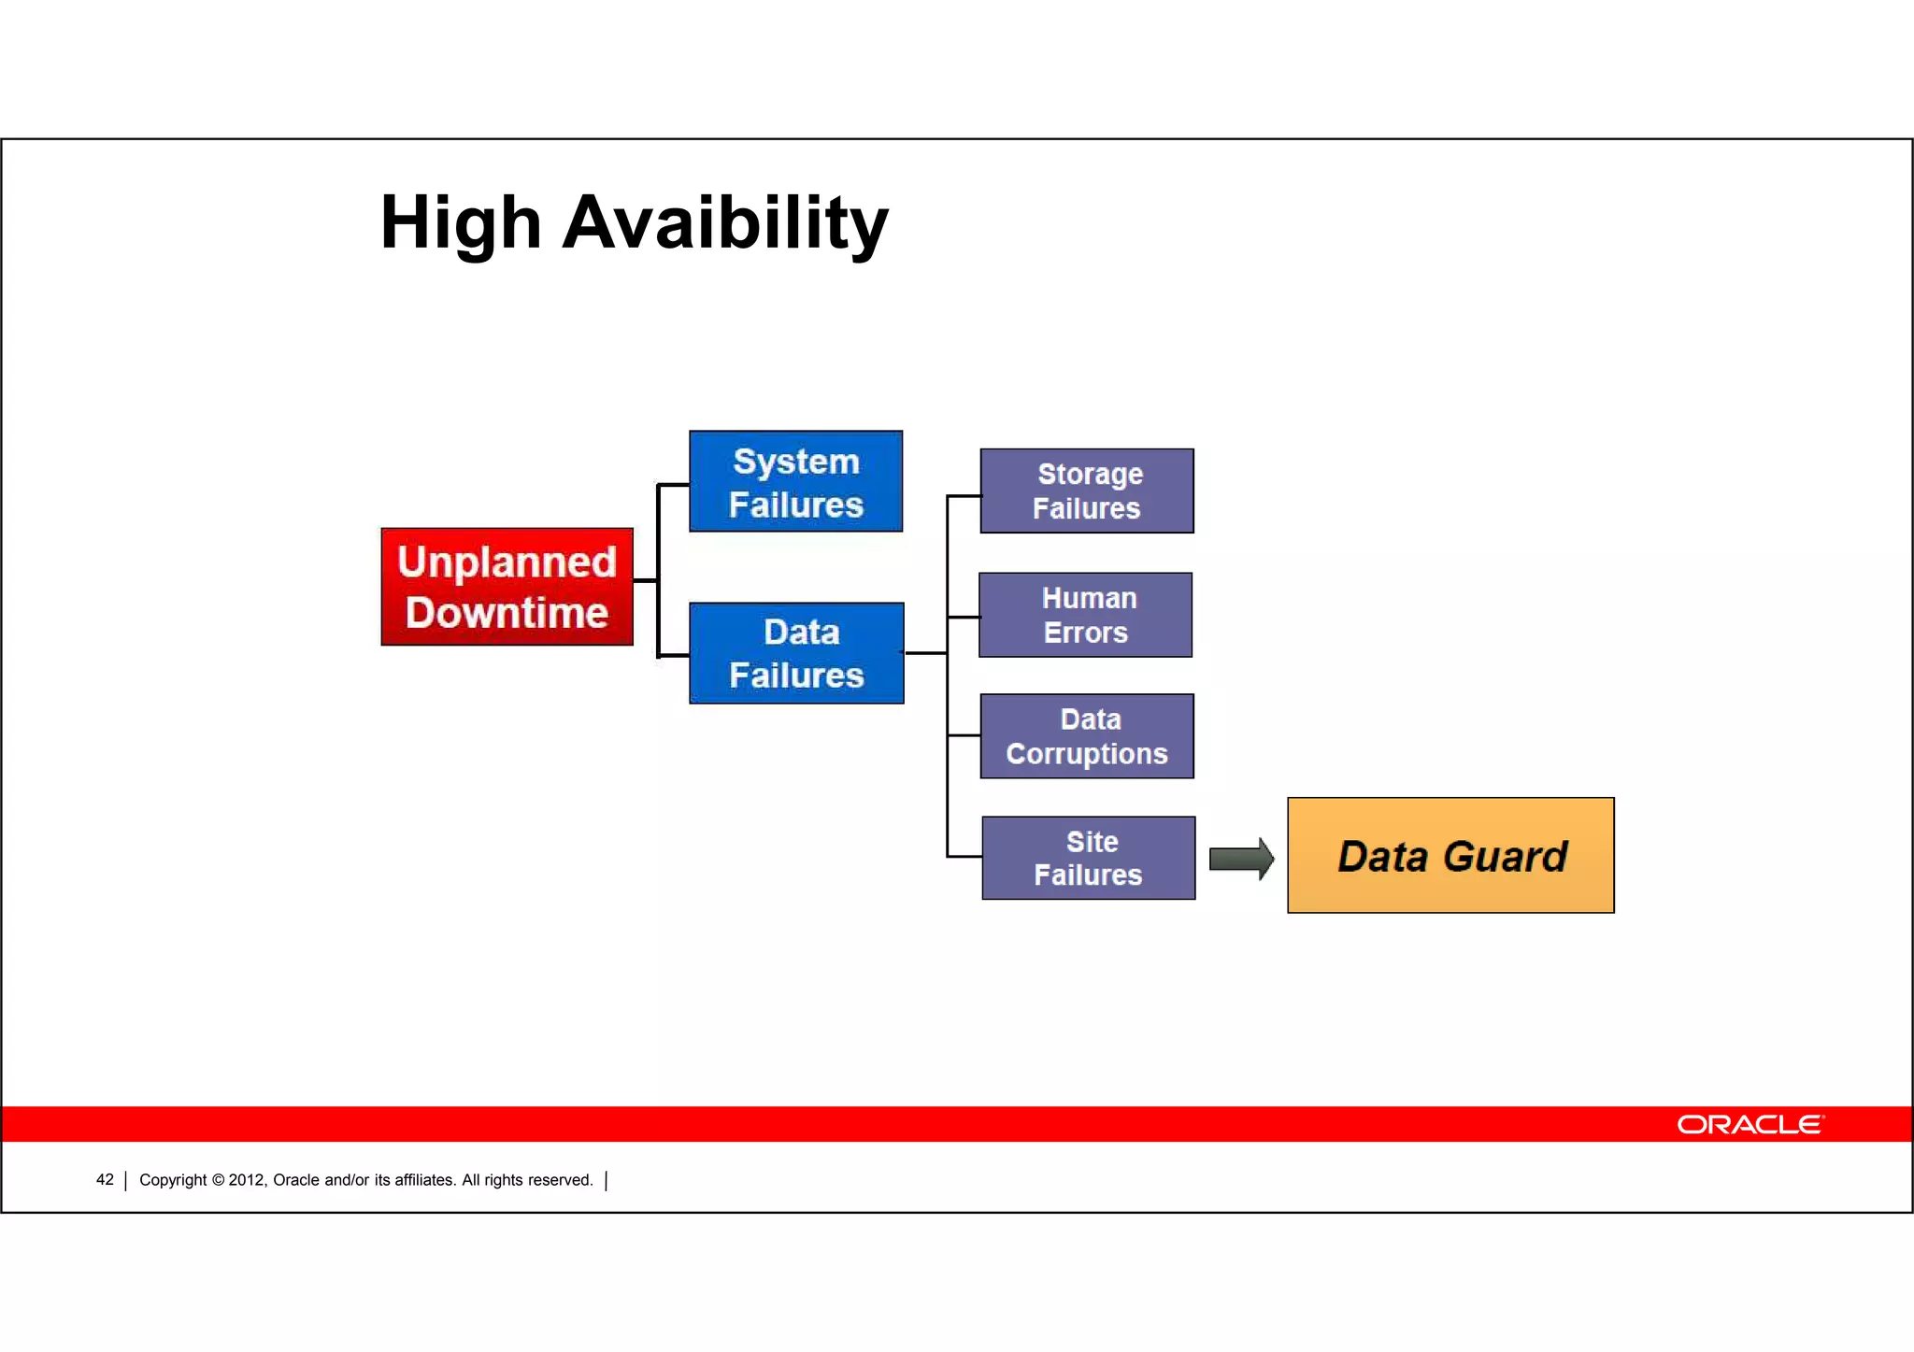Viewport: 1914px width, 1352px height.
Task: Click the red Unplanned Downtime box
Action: click(507, 587)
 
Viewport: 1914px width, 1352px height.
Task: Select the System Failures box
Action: click(795, 481)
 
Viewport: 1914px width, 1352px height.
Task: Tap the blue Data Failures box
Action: click(796, 653)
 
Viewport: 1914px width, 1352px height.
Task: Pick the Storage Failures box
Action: click(1086, 491)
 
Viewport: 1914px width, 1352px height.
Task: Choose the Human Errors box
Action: click(1085, 615)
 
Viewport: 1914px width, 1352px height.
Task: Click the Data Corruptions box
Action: click(1086, 736)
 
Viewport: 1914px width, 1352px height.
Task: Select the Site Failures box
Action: click(1088, 858)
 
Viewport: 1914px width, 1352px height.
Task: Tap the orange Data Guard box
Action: click(1450, 855)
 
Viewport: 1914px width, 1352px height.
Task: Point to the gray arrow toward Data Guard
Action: click(1240, 859)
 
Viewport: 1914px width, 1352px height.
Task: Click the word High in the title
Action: click(460, 224)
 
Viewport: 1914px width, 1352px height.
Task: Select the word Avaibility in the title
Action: click(724, 224)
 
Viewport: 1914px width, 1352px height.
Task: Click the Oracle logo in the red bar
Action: click(1749, 1124)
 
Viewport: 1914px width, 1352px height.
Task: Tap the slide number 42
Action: click(105, 1180)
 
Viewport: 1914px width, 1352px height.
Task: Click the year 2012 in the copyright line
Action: click(247, 1180)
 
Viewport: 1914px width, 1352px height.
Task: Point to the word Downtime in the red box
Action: click(507, 613)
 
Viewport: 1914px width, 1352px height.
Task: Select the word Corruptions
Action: click(1086, 754)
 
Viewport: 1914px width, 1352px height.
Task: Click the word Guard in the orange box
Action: click(1505, 857)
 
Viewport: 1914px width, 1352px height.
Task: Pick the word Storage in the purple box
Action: click(1090, 474)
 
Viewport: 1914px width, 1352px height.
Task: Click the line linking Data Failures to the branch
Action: click(925, 653)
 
